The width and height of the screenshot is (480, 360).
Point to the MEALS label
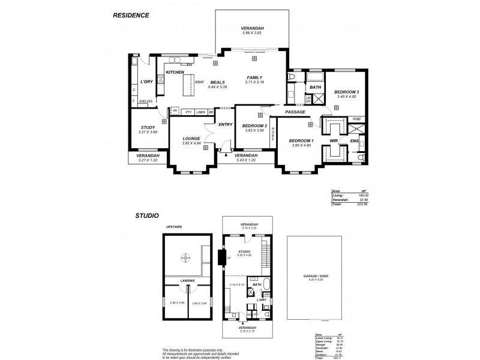point(217,82)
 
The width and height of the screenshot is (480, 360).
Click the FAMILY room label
point(255,77)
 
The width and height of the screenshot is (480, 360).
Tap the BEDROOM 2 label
point(254,125)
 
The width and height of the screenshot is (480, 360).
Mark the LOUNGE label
point(191,139)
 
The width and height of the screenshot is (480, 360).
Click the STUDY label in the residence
point(148,127)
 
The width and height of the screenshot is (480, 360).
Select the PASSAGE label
point(295,112)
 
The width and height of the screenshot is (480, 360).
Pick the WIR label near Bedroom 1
point(334,140)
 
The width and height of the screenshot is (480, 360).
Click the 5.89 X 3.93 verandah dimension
point(253,32)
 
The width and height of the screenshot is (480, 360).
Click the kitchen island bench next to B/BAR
point(188,86)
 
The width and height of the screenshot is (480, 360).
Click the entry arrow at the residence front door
point(226,155)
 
